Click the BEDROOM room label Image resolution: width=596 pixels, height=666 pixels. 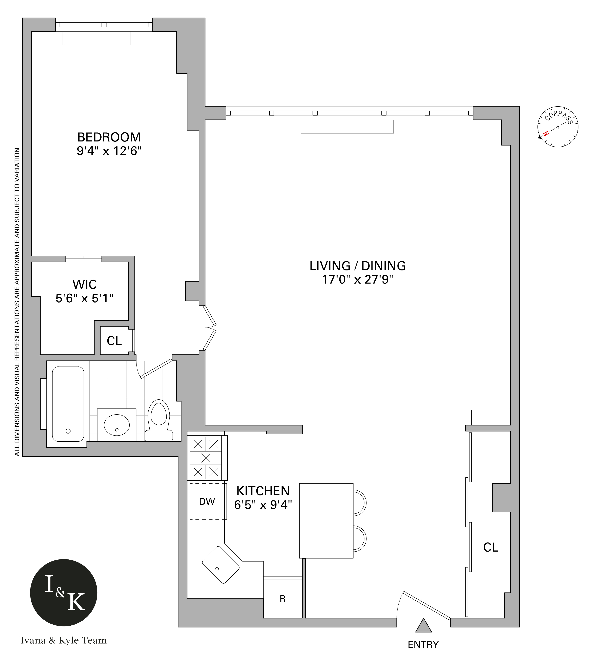(109, 137)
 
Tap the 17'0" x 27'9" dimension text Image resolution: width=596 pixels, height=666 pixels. (357, 280)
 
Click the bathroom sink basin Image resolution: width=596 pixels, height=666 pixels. (116, 425)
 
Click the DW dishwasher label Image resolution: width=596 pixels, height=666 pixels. (207, 501)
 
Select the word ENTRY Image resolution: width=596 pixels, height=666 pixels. (423, 644)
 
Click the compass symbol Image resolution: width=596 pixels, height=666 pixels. (558, 127)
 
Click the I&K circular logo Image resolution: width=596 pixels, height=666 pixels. (64, 593)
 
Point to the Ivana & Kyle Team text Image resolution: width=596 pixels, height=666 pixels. (64, 641)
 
